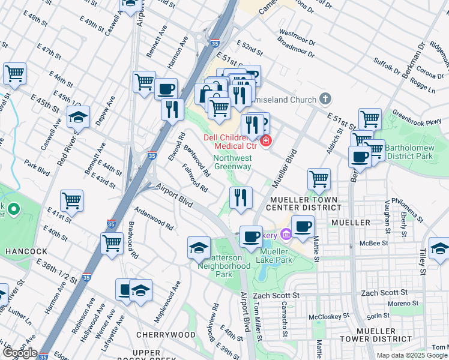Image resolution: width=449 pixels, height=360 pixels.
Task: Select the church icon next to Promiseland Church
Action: [x=325, y=98]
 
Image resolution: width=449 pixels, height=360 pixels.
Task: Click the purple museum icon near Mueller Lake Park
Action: [x=286, y=235]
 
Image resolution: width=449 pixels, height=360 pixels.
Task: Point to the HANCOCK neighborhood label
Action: [x=22, y=250]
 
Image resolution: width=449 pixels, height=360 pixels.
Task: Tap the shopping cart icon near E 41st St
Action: [x=72, y=200]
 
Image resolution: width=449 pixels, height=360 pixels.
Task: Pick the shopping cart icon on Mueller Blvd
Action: [x=319, y=178]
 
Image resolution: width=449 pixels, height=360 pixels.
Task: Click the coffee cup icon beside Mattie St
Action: [x=303, y=226]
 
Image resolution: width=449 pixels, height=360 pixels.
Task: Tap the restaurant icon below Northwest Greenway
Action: [x=241, y=197]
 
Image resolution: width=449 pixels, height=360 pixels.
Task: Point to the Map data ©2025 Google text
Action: [x=412, y=355]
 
